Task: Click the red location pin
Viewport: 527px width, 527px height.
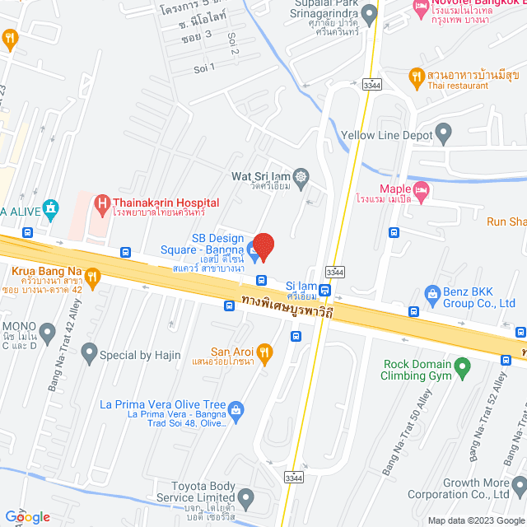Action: click(263, 246)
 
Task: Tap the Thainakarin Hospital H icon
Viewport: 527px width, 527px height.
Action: click(102, 202)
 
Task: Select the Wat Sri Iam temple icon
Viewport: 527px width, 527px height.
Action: click(301, 175)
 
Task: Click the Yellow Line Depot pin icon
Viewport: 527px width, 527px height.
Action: click(444, 132)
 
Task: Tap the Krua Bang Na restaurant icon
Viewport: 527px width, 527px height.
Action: click(92, 278)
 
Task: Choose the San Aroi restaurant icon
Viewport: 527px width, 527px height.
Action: click(264, 354)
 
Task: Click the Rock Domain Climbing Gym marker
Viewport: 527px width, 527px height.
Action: click(463, 365)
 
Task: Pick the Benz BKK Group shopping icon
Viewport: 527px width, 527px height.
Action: click(431, 294)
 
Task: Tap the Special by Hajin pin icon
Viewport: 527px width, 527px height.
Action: click(89, 355)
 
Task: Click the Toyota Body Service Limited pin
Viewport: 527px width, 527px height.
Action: click(246, 497)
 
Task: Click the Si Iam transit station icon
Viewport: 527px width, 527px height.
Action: click(325, 290)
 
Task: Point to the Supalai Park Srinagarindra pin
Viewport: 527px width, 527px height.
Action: click(369, 14)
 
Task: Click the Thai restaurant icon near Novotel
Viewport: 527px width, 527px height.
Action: click(417, 78)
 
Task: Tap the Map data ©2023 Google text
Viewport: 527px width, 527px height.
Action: click(475, 520)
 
